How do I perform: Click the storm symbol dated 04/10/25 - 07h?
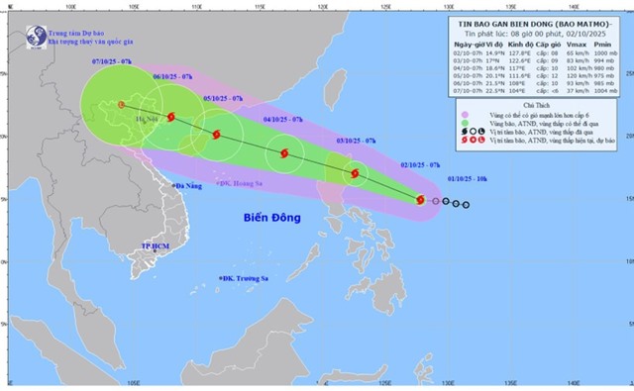285,153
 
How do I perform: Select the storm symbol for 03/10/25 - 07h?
354,174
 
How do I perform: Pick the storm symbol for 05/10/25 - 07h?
218,134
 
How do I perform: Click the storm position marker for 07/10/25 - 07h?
120,103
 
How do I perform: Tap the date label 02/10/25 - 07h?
420,165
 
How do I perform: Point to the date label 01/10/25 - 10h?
465,181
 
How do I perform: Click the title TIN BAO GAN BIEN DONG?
542,20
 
